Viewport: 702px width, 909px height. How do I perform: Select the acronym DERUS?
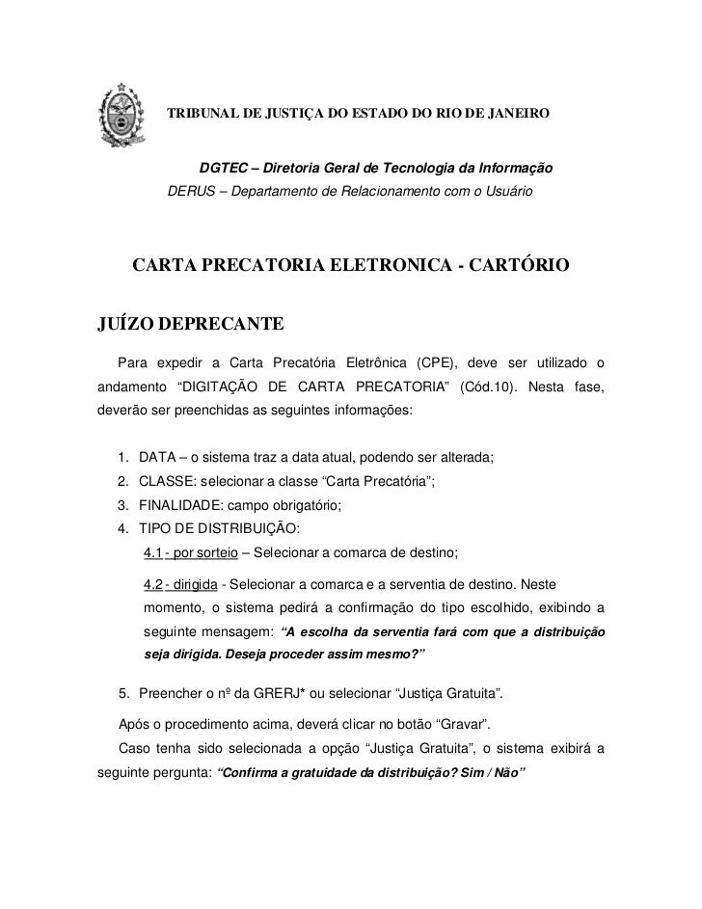point(191,190)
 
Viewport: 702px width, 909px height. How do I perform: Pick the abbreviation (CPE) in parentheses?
point(435,363)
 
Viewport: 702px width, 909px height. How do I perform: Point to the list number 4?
point(122,528)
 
